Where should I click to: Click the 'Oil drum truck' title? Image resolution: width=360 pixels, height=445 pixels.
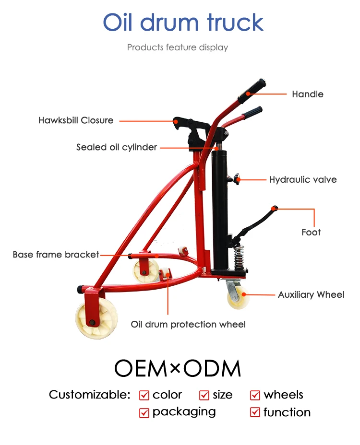tap(183, 23)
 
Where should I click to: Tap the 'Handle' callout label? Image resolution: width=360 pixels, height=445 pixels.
tap(307, 94)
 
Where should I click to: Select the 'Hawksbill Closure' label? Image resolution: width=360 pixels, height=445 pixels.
tap(76, 120)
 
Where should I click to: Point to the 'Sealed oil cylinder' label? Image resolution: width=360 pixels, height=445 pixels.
tap(117, 147)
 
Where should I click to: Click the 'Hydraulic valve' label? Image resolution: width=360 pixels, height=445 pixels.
tap(302, 180)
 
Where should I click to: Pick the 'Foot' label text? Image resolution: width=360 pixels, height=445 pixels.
tap(311, 232)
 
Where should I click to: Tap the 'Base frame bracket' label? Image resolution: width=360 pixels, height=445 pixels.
tap(56, 255)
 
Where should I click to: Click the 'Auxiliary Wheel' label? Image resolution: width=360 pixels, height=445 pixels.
tap(311, 294)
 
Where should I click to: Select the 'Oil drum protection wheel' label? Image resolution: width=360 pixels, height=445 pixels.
tap(188, 325)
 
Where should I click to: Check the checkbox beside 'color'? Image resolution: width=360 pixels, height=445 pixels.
tap(144, 395)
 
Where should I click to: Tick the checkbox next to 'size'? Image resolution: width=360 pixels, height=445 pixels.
tap(204, 395)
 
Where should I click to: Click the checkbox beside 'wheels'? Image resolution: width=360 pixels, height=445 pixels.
tap(255, 395)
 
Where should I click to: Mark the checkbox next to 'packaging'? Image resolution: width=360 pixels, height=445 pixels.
tap(144, 412)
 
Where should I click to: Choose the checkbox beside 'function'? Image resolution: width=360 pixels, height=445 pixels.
tap(255, 412)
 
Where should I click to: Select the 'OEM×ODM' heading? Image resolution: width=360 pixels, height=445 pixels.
tap(178, 368)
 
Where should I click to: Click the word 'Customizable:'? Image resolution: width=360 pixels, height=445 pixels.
tap(89, 395)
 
